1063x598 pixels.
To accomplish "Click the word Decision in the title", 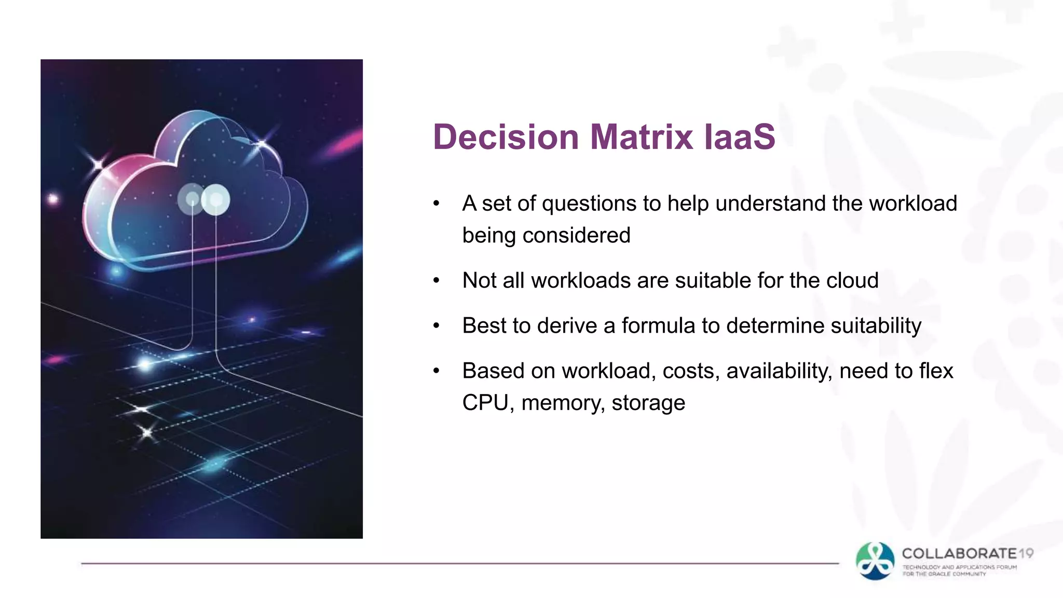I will point(506,137).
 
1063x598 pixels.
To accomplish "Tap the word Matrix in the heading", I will point(642,137).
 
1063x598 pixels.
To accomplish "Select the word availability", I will point(779,371).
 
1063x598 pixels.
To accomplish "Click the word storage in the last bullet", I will point(648,403).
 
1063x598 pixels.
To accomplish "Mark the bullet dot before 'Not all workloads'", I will point(437,281).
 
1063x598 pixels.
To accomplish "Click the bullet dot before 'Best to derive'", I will point(437,326).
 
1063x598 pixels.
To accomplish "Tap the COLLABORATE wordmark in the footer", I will point(959,553).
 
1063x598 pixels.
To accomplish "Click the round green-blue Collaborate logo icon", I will point(875,561).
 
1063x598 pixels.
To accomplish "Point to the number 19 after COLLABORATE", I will point(1026,553).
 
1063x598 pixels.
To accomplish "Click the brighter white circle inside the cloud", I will point(215,199).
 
